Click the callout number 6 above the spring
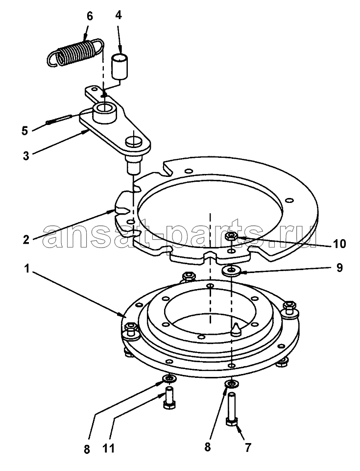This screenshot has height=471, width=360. coord(90,16)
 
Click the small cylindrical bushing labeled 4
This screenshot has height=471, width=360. coord(120,66)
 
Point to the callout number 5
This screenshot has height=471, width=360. coord(25,131)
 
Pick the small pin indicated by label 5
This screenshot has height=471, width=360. coord(58,119)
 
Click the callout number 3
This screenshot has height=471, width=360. coord(26,155)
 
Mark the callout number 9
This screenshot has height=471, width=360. coord(339,268)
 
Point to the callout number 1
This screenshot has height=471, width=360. coord(27,269)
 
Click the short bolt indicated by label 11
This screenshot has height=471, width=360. coord(169,397)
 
